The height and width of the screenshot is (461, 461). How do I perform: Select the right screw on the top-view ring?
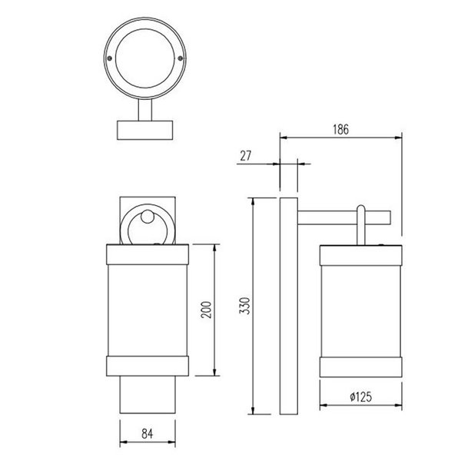coord(181,56)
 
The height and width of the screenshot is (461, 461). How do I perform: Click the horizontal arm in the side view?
coord(346,218)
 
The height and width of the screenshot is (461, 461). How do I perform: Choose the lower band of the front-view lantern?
coord(146,366)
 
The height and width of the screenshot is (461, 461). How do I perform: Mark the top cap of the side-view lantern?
coord(360,253)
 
